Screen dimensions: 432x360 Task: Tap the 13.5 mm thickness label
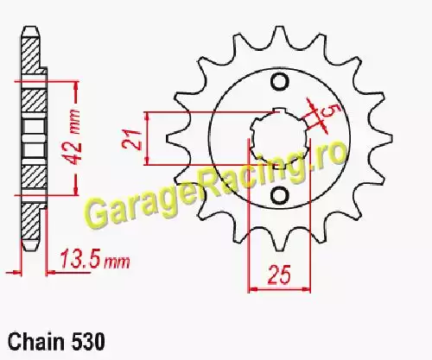coord(95,259)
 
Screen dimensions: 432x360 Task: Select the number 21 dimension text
coord(131,140)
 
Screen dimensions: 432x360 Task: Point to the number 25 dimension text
coord(279,275)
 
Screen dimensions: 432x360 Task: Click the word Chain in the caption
coord(36,342)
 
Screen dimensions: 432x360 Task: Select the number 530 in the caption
coord(87,342)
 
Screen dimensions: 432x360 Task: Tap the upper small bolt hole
coord(279,82)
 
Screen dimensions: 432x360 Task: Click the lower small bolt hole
coord(279,195)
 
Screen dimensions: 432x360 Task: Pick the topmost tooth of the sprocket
coord(279,36)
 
